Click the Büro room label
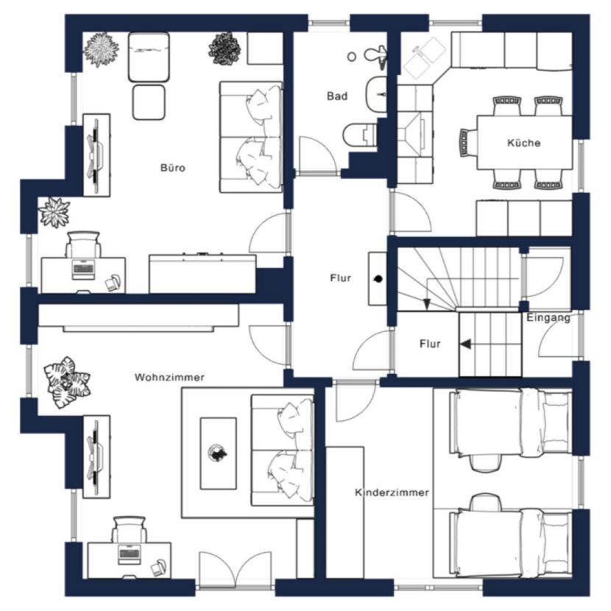coord(172,168)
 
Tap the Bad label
coord(337,96)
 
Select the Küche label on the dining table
coord(523,143)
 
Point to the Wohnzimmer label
coord(169,377)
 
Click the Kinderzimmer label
coord(392,492)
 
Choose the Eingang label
coord(548,317)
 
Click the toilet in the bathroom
coord(360,135)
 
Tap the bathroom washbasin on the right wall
coord(376,95)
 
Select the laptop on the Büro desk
coord(83,269)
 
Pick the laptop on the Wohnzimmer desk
coord(130,554)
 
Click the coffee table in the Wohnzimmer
coord(218,453)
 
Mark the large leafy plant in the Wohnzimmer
coord(67,382)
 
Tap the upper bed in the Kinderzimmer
coord(510,423)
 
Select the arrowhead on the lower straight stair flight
coord(465,344)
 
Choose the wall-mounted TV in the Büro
coord(95,155)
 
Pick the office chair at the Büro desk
coord(83,244)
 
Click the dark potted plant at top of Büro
coord(225,49)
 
